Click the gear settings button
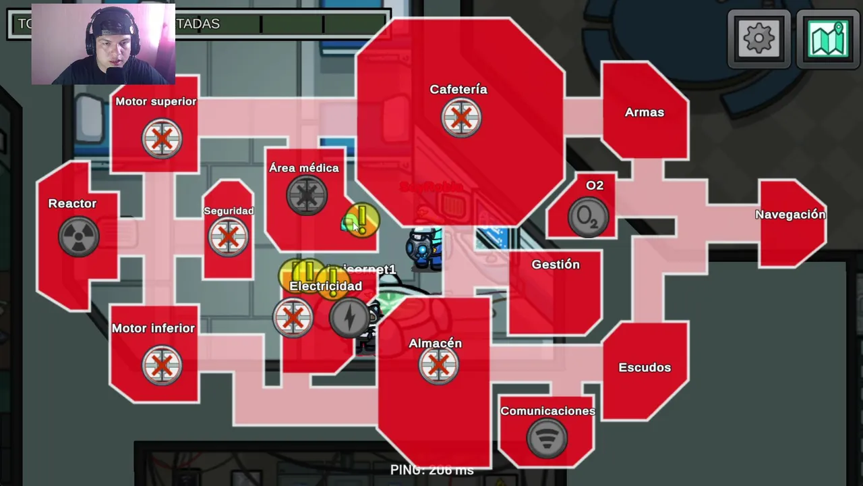pos(758,39)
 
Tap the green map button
pos(828,39)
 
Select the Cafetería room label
pos(458,89)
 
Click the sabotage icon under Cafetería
pos(461,118)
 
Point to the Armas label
pos(644,112)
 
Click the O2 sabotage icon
pos(588,217)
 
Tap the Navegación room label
pos(790,215)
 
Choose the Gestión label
pos(556,265)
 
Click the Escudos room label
pos(645,367)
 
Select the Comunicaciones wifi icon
pos(547,439)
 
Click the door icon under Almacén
pos(438,365)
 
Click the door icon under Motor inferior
pos(161,365)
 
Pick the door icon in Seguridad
pos(228,237)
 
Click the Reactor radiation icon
pos(78,236)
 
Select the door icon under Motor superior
pos(162,139)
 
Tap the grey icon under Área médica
pos(307,196)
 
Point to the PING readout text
pos(431,470)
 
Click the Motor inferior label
pos(153,328)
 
